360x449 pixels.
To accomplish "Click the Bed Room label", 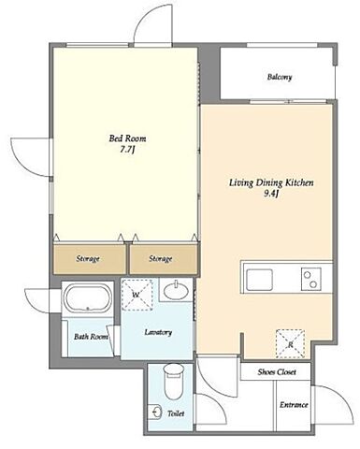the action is click(127, 138).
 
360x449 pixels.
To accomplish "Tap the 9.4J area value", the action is click(271, 195).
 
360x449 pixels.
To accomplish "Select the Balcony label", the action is click(280, 77).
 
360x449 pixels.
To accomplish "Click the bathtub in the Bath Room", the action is click(88, 297).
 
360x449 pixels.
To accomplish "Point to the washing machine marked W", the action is click(137, 295).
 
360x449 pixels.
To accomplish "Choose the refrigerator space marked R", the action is click(290, 343).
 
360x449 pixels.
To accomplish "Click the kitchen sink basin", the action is click(259, 279).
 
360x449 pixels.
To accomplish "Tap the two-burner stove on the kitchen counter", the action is click(311, 280).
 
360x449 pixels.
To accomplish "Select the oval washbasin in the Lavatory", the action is click(176, 291).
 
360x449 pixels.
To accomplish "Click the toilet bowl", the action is click(174, 382).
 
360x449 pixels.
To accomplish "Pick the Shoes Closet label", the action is click(277, 372).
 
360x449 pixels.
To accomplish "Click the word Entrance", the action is click(294, 405).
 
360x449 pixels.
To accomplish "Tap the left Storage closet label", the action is click(88, 259).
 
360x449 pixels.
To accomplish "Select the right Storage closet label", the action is click(160, 259).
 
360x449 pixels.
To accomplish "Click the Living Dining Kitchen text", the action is click(271, 182).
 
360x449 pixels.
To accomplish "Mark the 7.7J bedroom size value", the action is click(127, 150).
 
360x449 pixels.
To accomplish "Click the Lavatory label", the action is click(158, 332).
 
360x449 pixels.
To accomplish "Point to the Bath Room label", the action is click(91, 337).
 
